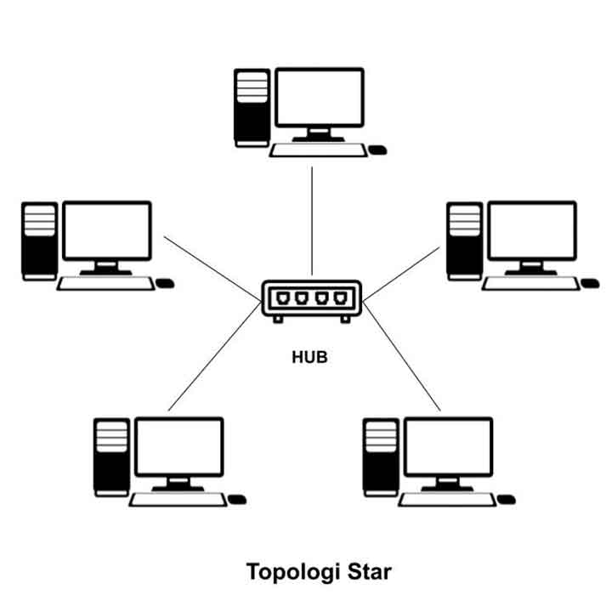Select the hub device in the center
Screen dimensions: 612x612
tap(311, 300)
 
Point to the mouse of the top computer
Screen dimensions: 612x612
tap(377, 150)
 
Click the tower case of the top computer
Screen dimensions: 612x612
tap(252, 107)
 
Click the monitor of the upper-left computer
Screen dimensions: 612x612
tap(107, 231)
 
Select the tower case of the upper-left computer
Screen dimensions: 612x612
tap(39, 240)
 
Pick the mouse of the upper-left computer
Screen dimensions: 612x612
tap(165, 283)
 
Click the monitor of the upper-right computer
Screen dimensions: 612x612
tap(532, 231)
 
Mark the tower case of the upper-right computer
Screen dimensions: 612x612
tap(464, 240)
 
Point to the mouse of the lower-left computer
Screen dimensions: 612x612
tap(237, 499)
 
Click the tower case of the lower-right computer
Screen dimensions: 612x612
tap(380, 456)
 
